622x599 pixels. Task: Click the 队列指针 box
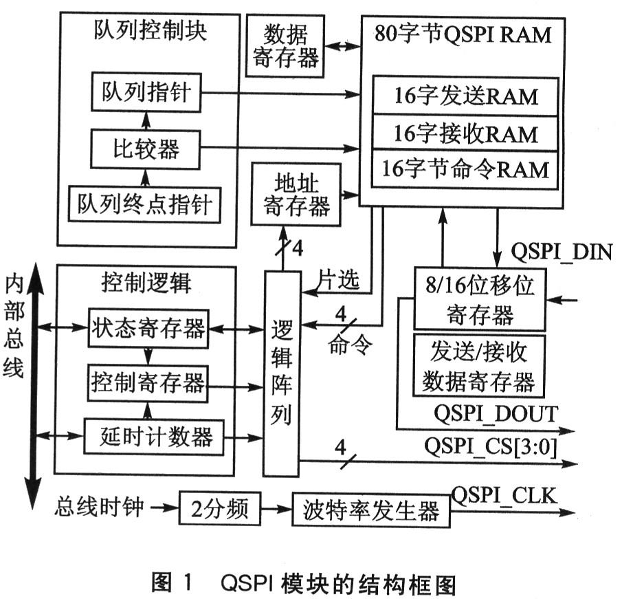(x=146, y=93)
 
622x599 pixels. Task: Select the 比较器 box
(x=146, y=148)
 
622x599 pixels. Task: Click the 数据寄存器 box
(x=285, y=46)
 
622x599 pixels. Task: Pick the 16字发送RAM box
(x=465, y=96)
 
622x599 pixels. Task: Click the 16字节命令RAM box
(x=465, y=168)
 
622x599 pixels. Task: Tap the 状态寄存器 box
(x=148, y=329)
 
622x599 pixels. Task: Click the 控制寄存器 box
(x=148, y=382)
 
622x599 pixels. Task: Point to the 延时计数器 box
(x=155, y=436)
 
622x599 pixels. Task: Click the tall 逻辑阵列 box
(x=282, y=373)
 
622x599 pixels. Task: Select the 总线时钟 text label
(x=100, y=508)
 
